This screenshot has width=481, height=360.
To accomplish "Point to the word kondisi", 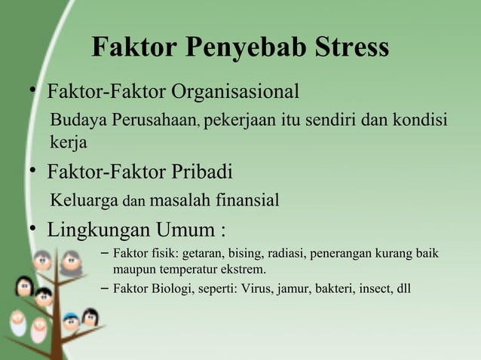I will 417,121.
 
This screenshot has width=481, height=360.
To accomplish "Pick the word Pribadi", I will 195,172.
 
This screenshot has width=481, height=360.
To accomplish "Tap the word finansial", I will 242,201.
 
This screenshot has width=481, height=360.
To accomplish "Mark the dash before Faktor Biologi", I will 103,287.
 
